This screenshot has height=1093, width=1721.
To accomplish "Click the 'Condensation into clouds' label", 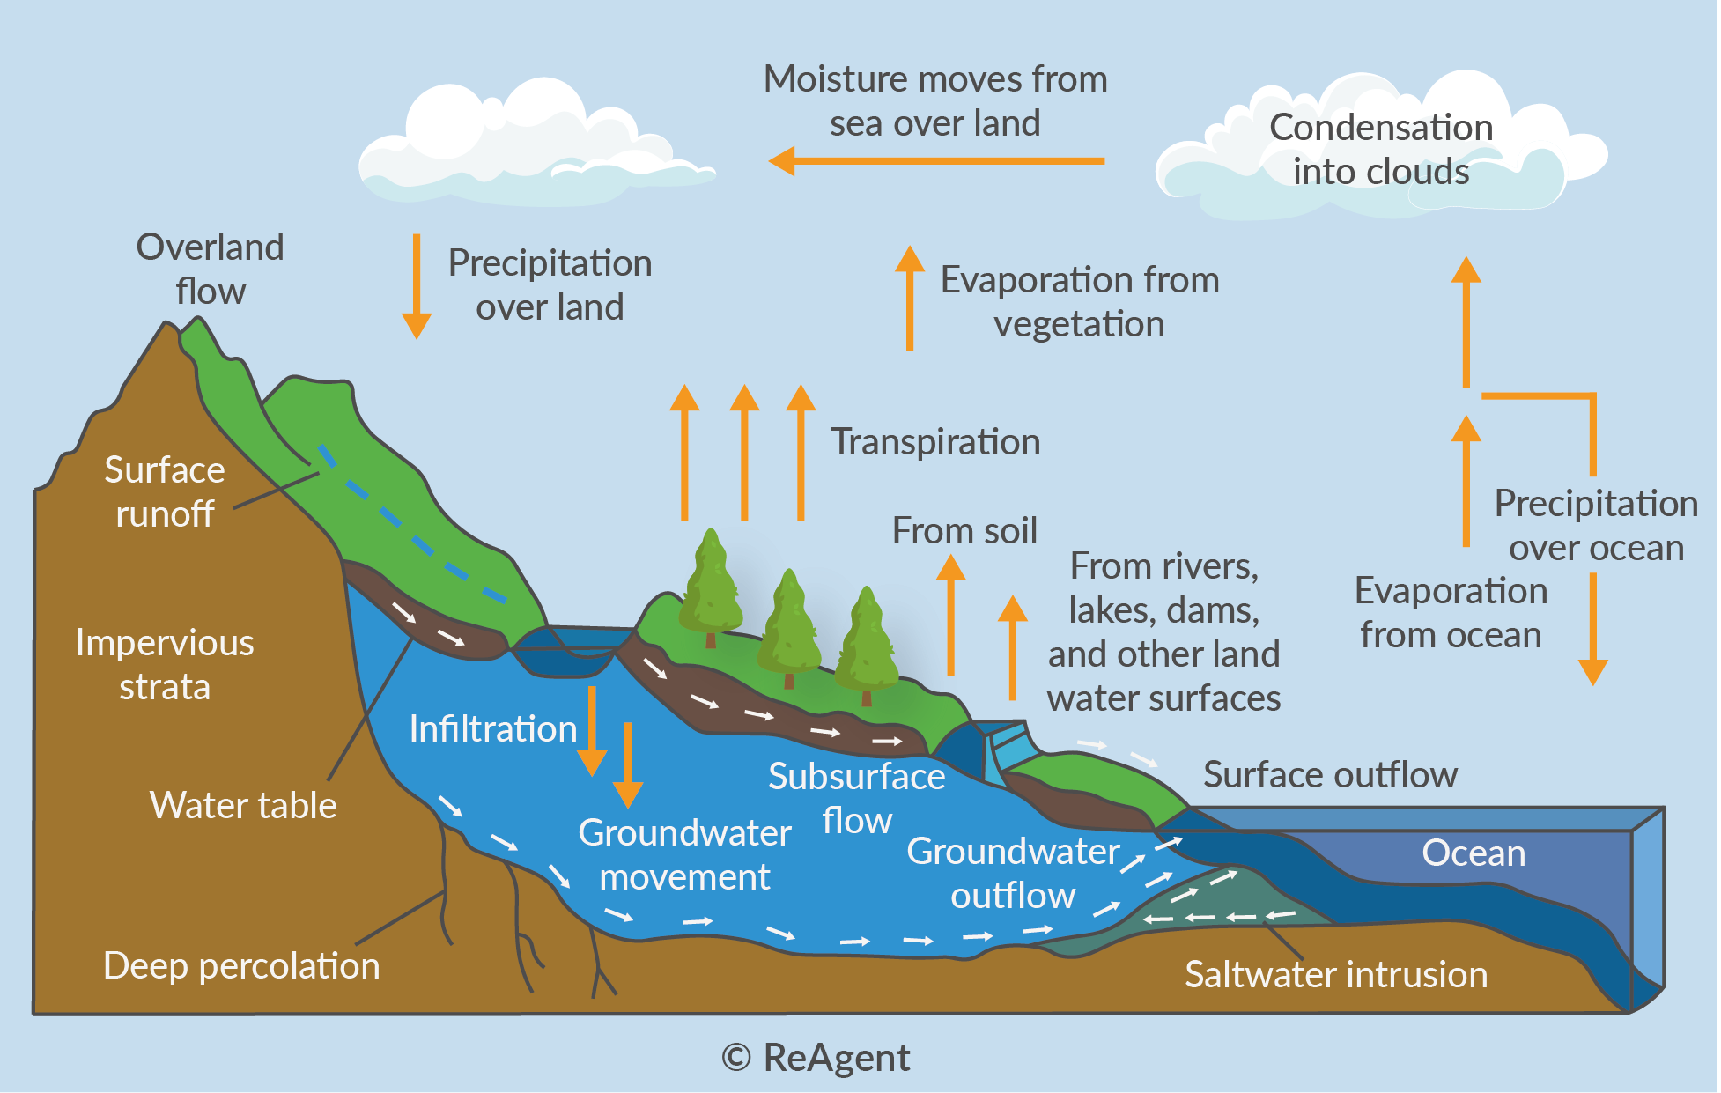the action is pos(1381,149).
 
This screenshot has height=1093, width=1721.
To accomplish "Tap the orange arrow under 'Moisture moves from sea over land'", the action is pos(936,161).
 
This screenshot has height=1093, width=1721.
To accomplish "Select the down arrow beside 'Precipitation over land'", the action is pos(417,286).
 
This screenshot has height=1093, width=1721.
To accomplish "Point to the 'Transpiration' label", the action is pos(935,441).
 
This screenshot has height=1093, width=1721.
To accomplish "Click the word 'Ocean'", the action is pos(1474,853).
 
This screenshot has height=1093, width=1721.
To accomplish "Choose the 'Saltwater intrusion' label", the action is pos(1336,974).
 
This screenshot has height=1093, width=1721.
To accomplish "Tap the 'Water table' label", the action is pos(243,805).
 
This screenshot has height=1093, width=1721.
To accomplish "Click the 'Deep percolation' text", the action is pos(241,966).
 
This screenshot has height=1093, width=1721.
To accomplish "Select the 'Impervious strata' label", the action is pos(165,664).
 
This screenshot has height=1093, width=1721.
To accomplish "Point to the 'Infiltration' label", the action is pos(493,728).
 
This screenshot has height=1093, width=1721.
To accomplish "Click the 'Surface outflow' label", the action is pos(1330,774).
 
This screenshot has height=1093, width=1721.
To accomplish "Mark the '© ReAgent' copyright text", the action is pos(816,1057).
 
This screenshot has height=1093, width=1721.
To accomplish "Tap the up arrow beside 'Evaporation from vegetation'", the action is pos(910,298).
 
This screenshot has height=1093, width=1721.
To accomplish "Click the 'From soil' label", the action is pos(964,530).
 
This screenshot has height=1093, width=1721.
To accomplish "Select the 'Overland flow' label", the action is pos(210,269).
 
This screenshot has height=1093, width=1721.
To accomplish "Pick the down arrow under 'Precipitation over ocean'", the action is pos(1593,629).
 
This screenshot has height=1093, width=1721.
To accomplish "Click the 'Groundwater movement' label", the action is pos(684,854).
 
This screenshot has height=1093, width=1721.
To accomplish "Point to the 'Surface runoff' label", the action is pos(165,491).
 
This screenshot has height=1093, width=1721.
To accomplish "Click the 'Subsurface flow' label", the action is pos(857,798).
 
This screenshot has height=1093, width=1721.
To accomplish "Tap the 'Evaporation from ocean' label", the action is pos(1451,612).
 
